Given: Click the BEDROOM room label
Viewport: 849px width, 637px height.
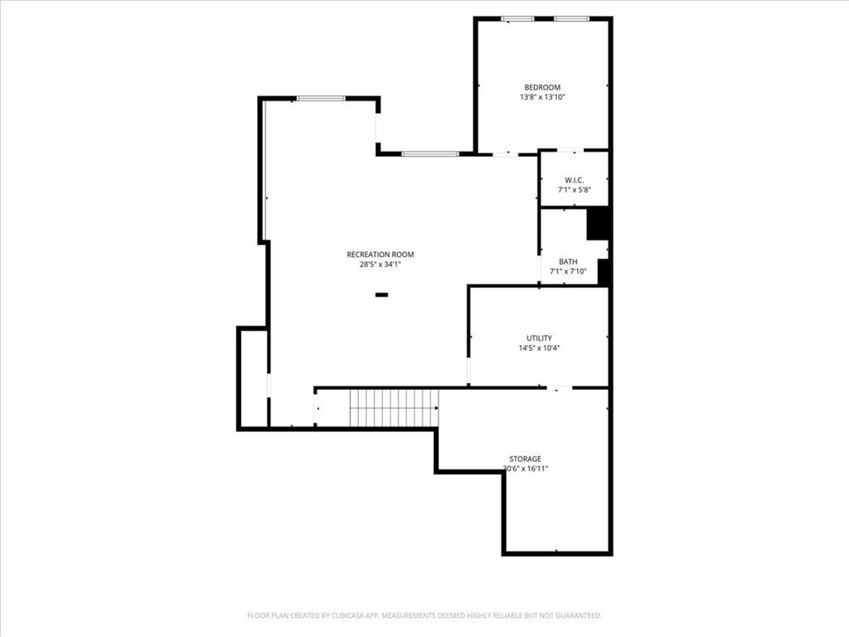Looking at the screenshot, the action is tap(542, 87).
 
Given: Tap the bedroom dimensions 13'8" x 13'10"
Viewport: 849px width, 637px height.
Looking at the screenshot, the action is tap(542, 98).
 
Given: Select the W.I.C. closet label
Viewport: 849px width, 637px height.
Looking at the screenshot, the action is tap(574, 180).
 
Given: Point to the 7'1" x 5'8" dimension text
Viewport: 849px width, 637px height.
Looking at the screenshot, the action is tap(574, 190).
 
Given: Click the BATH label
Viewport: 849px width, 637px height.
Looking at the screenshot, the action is tap(568, 261).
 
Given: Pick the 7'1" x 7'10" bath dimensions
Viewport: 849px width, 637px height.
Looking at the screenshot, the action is tap(568, 271).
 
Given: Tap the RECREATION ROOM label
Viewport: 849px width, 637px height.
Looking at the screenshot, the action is tap(380, 255).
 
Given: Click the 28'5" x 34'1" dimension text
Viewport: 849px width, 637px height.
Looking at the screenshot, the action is tap(380, 265).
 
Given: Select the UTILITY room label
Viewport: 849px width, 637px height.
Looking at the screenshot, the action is tap(539, 338).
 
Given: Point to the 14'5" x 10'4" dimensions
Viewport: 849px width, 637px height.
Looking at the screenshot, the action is tap(539, 348).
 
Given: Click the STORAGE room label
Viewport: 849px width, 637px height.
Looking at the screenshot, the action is tap(525, 459).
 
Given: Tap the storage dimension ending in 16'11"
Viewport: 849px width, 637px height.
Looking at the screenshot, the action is tap(526, 469).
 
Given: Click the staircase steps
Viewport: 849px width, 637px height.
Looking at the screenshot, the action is tap(393, 408).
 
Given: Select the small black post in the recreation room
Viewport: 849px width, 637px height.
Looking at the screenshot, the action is tap(381, 294).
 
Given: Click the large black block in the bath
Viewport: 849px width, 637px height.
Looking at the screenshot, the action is tap(599, 223).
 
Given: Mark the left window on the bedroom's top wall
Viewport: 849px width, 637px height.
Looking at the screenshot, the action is tap(517, 19).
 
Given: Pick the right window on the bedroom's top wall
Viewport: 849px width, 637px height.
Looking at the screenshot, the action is tap(571, 19).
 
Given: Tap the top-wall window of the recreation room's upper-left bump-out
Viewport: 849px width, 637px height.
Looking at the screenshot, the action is tap(321, 99).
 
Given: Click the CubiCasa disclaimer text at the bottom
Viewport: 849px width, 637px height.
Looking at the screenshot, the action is tap(424, 615).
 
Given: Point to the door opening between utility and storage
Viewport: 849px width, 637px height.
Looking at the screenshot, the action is tap(560, 388).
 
